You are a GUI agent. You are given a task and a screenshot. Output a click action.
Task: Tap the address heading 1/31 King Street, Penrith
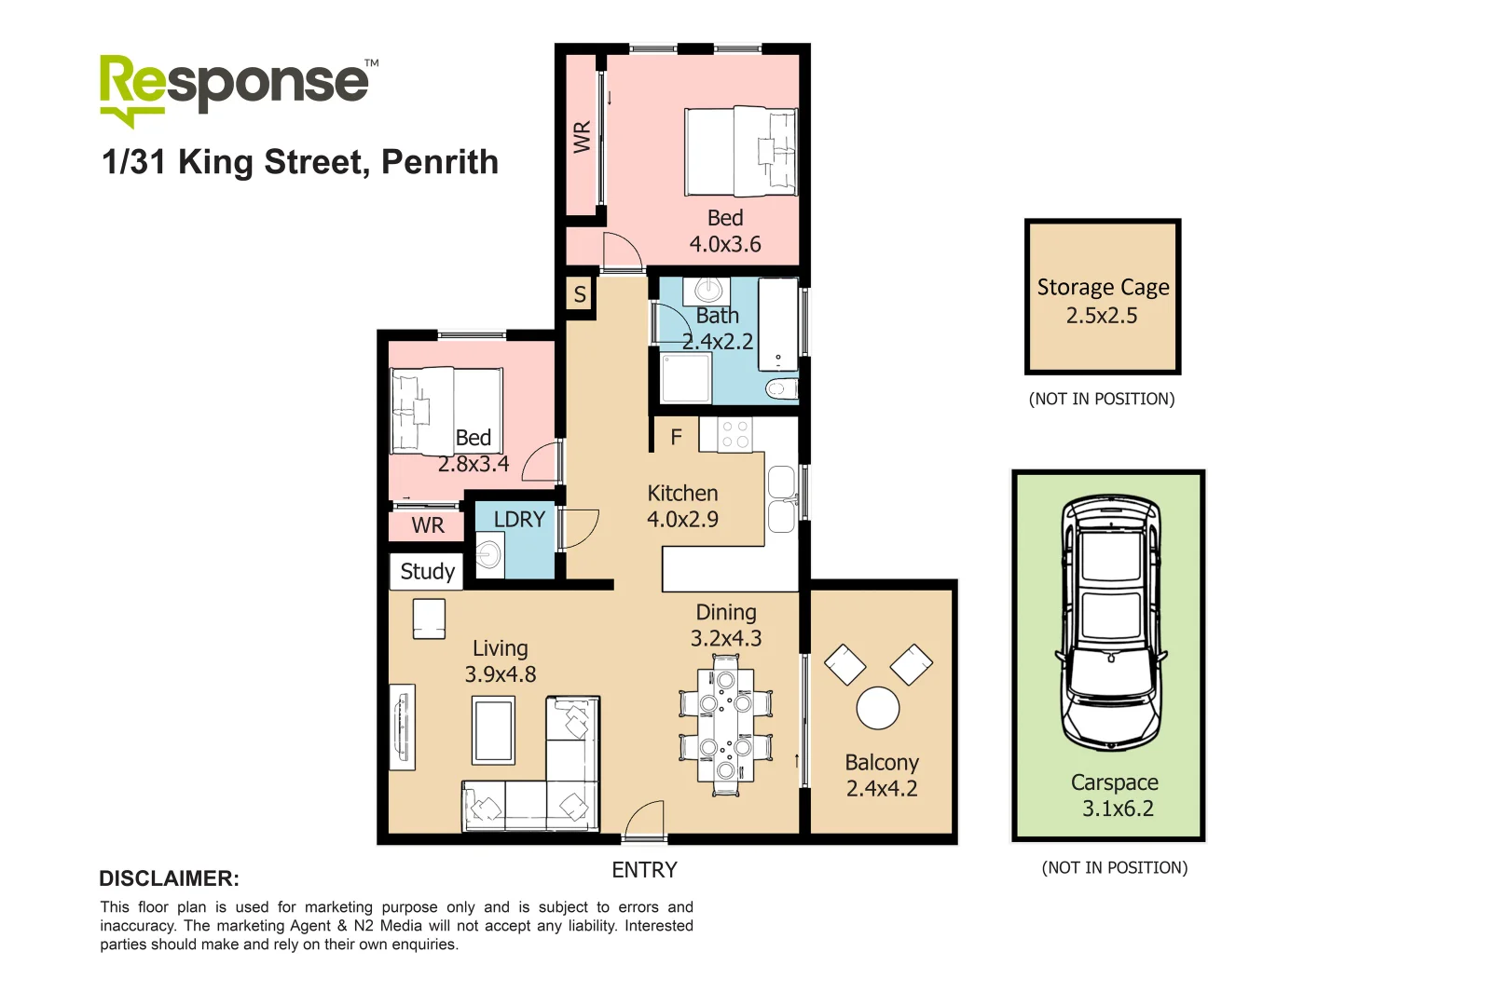300,162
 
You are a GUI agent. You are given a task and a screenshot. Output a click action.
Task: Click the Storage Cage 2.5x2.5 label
1103,300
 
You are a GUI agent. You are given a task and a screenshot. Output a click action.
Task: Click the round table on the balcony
877,708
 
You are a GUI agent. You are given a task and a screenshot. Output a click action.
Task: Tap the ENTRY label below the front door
644,870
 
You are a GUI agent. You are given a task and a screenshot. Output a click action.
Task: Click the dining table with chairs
726,725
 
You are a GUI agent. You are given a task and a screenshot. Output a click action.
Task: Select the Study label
427,571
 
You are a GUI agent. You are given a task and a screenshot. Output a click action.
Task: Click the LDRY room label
519,519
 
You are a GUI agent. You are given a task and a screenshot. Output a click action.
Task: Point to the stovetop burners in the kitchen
735,434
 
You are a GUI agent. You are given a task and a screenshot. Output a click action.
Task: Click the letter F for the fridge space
677,436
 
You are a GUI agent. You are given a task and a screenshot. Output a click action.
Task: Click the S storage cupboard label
580,294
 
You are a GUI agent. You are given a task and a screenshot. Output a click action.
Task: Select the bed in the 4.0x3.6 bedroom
741,151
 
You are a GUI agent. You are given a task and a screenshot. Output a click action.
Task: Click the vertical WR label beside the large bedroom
583,137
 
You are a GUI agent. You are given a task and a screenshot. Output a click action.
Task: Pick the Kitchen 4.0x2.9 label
682,506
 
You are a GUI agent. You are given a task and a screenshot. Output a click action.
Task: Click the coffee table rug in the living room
494,731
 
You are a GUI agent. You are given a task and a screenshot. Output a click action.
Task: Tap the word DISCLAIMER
169,878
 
